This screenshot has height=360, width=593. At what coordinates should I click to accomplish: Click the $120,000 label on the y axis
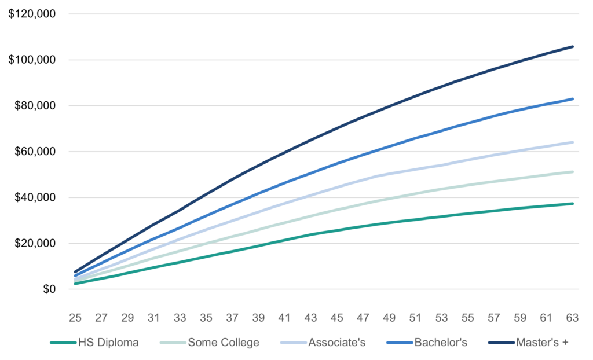31,14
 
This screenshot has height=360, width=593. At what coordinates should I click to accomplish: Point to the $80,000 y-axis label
34,106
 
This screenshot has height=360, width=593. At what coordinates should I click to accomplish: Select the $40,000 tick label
34,197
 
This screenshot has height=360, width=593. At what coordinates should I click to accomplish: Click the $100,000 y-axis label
31,60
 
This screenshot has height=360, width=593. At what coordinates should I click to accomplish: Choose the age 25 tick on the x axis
75,318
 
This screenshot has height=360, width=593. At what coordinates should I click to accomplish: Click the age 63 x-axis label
572,318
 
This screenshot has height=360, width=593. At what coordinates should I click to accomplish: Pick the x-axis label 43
310,318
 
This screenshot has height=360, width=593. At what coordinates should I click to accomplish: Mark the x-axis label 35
206,318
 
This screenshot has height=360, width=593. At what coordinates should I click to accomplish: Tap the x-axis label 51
415,318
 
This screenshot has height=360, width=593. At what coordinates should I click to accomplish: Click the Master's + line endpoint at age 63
573,46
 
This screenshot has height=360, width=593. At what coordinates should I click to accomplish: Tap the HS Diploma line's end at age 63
573,204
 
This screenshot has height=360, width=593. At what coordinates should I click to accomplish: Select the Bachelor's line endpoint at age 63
573,99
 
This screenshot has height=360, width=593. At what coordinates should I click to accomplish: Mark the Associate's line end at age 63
573,142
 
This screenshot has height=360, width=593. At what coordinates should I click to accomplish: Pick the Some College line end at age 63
573,172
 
